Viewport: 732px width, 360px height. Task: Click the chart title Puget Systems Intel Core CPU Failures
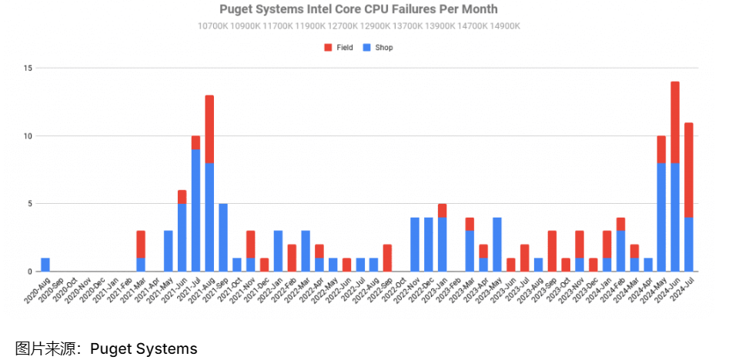pyautogui.click(x=359, y=9)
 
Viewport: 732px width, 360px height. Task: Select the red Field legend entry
pyautogui.click(x=339, y=48)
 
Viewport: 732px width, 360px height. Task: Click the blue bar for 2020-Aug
pyautogui.click(x=45, y=265)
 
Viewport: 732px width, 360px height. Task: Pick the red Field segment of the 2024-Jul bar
pyautogui.click(x=689, y=170)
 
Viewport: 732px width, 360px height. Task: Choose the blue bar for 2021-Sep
pyautogui.click(x=223, y=238)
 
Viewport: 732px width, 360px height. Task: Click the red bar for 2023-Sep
pyautogui.click(x=552, y=251)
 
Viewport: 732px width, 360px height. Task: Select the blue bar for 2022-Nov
pyautogui.click(x=415, y=245)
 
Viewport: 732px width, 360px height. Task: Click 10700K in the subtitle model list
pyautogui.click(x=213, y=26)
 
